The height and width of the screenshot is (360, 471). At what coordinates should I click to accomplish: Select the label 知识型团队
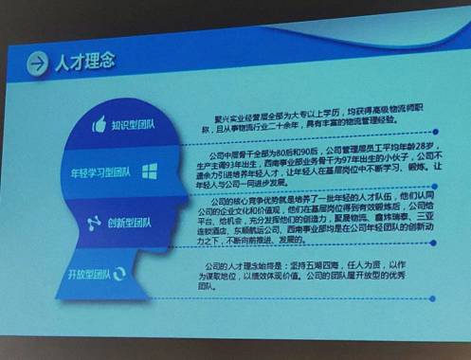[x=138, y=123]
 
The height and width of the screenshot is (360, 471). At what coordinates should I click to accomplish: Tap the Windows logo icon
[x=150, y=172]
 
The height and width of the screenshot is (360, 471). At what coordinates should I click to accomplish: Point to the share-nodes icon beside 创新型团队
[x=94, y=224]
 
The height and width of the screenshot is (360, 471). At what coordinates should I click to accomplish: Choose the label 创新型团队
[x=132, y=225]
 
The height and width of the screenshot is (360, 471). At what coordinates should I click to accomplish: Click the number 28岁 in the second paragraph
[x=423, y=150]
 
